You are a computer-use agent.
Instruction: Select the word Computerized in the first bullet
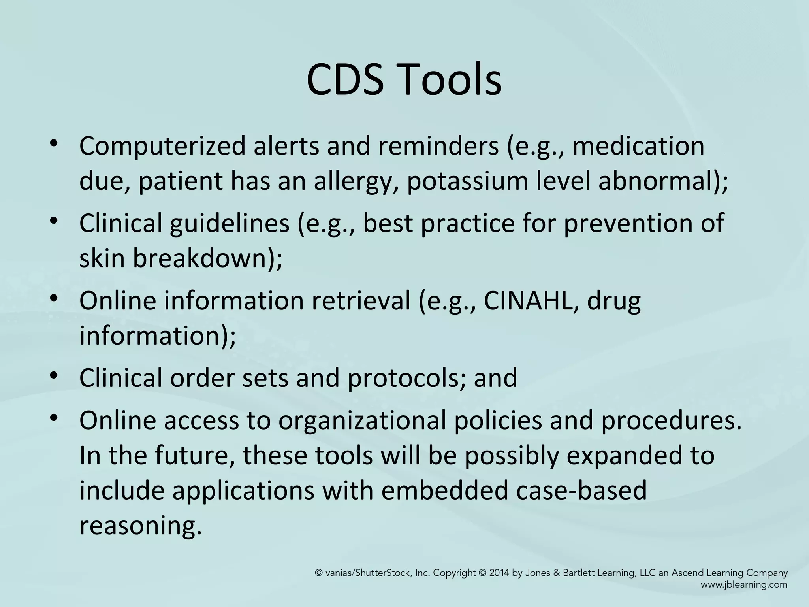[162, 146]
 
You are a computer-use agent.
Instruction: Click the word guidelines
[230, 224]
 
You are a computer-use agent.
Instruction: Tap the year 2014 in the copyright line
[500, 573]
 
